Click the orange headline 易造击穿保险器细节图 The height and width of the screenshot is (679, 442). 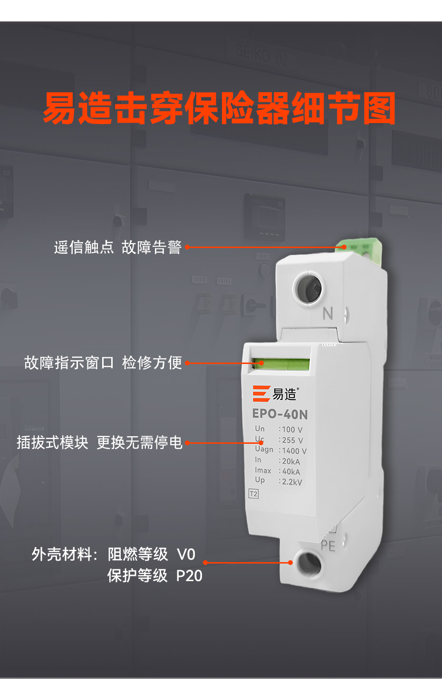point(219,108)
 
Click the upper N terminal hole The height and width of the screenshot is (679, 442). point(308,287)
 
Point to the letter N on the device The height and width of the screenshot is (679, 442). point(328,314)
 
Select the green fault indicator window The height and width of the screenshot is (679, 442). point(281,364)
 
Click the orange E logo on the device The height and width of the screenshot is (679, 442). point(261,393)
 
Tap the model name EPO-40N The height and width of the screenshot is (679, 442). point(280,414)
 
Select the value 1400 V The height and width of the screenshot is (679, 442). point(294,451)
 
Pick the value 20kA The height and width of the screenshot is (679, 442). point(291,461)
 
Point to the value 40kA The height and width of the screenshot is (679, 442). point(291,472)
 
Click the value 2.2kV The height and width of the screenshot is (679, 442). point(292,482)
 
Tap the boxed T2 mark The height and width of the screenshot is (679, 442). point(253,494)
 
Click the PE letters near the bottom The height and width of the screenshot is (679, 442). point(328,546)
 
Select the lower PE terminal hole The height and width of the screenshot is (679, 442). point(309,564)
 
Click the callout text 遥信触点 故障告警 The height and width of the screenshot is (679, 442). point(117,248)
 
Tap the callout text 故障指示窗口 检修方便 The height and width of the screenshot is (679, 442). point(103,363)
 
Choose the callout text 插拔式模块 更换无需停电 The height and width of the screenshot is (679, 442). point(99,442)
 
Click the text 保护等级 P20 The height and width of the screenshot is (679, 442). point(154,575)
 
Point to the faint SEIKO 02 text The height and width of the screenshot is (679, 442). point(261,56)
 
